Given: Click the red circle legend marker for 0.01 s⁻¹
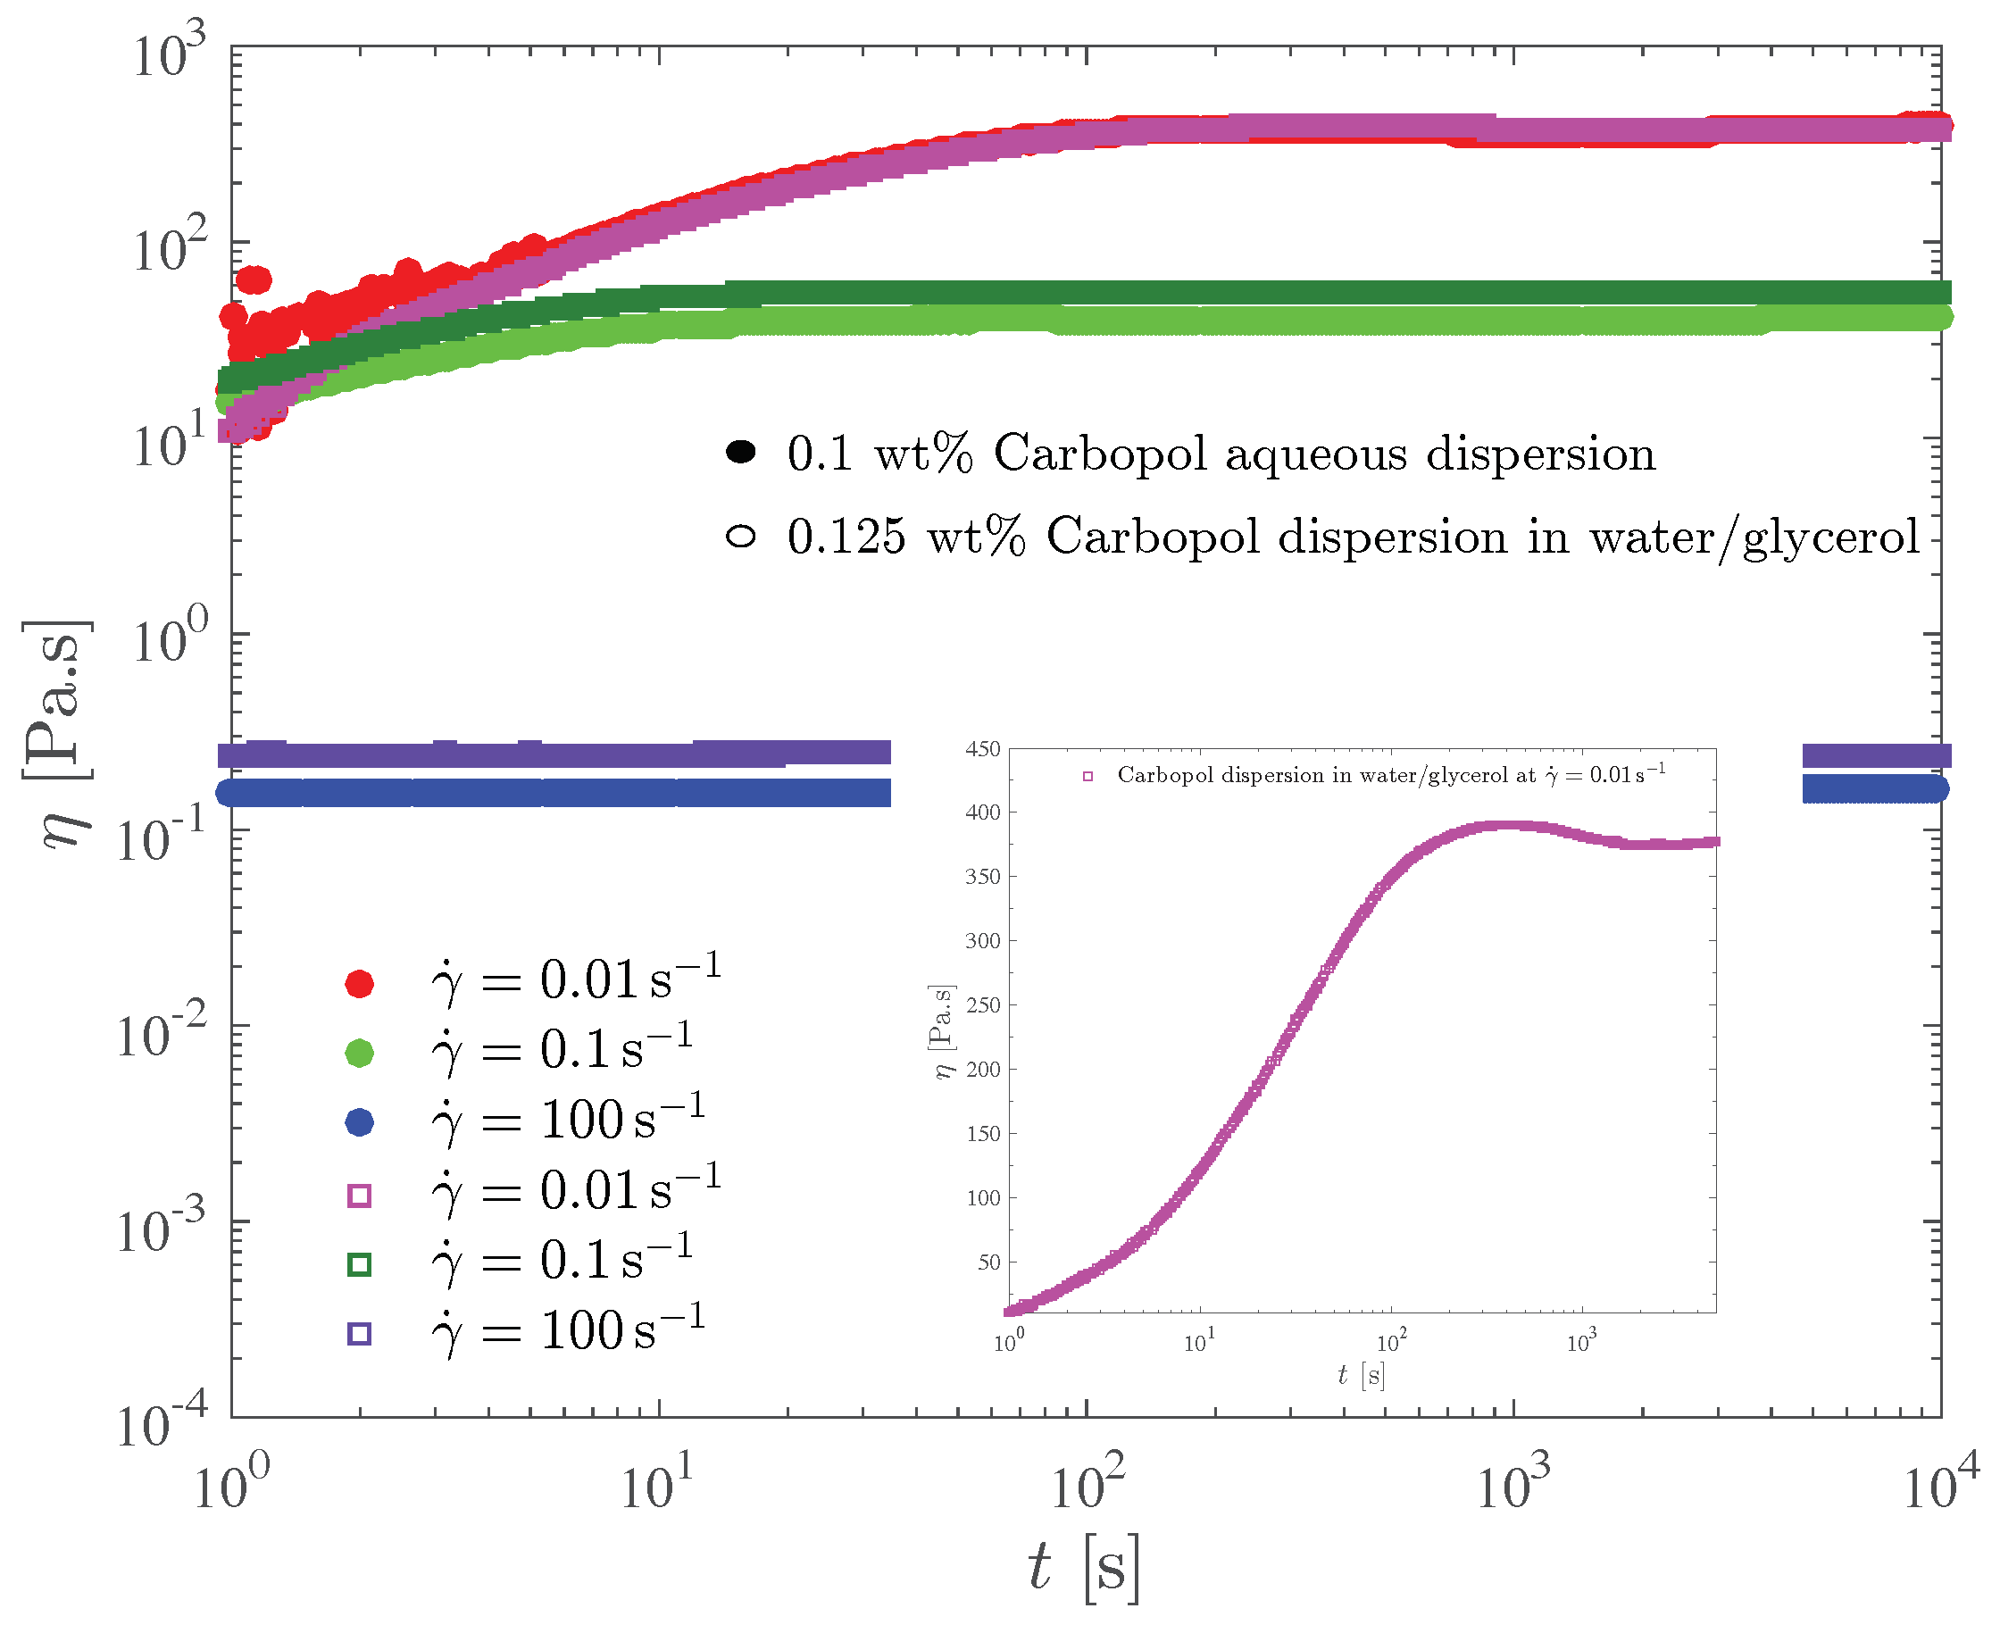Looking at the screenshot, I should (360, 983).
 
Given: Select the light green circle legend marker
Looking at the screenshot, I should (360, 1052).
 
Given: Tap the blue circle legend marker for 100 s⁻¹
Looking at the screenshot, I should (360, 1122).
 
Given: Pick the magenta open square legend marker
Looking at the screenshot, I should (360, 1196).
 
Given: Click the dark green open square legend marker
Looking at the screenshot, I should (360, 1264).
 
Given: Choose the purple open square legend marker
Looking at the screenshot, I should (360, 1334).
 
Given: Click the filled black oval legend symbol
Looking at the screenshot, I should (740, 453).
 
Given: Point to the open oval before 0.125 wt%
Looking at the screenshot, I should (740, 537).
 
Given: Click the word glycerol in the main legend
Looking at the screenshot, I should (1831, 538).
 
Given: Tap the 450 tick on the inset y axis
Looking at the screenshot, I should (983, 749).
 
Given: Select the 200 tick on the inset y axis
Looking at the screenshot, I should (983, 1069).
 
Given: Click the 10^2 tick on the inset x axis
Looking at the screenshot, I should (1391, 1342).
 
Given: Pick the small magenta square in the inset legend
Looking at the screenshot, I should (1087, 776).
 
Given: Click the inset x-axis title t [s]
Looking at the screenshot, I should (1361, 1375).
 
